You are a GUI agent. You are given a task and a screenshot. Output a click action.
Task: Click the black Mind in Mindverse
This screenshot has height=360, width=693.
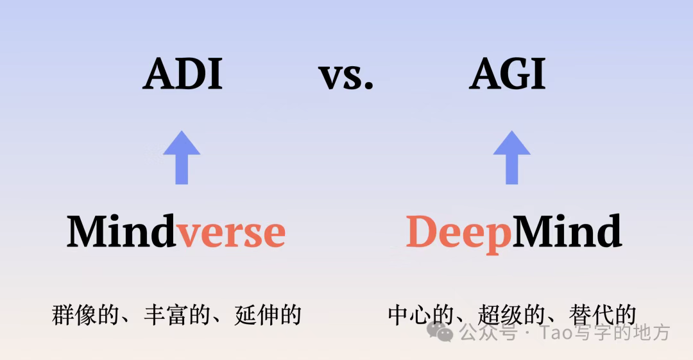point(121,232)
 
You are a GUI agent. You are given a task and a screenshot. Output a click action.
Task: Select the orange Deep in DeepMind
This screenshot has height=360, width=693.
point(458,233)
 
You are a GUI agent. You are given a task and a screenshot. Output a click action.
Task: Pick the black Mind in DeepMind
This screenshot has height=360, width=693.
point(567,232)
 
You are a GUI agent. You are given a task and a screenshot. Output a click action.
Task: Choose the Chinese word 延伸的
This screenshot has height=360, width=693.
point(269,315)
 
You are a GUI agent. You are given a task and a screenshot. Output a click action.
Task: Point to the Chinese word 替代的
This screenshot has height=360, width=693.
point(603,315)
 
